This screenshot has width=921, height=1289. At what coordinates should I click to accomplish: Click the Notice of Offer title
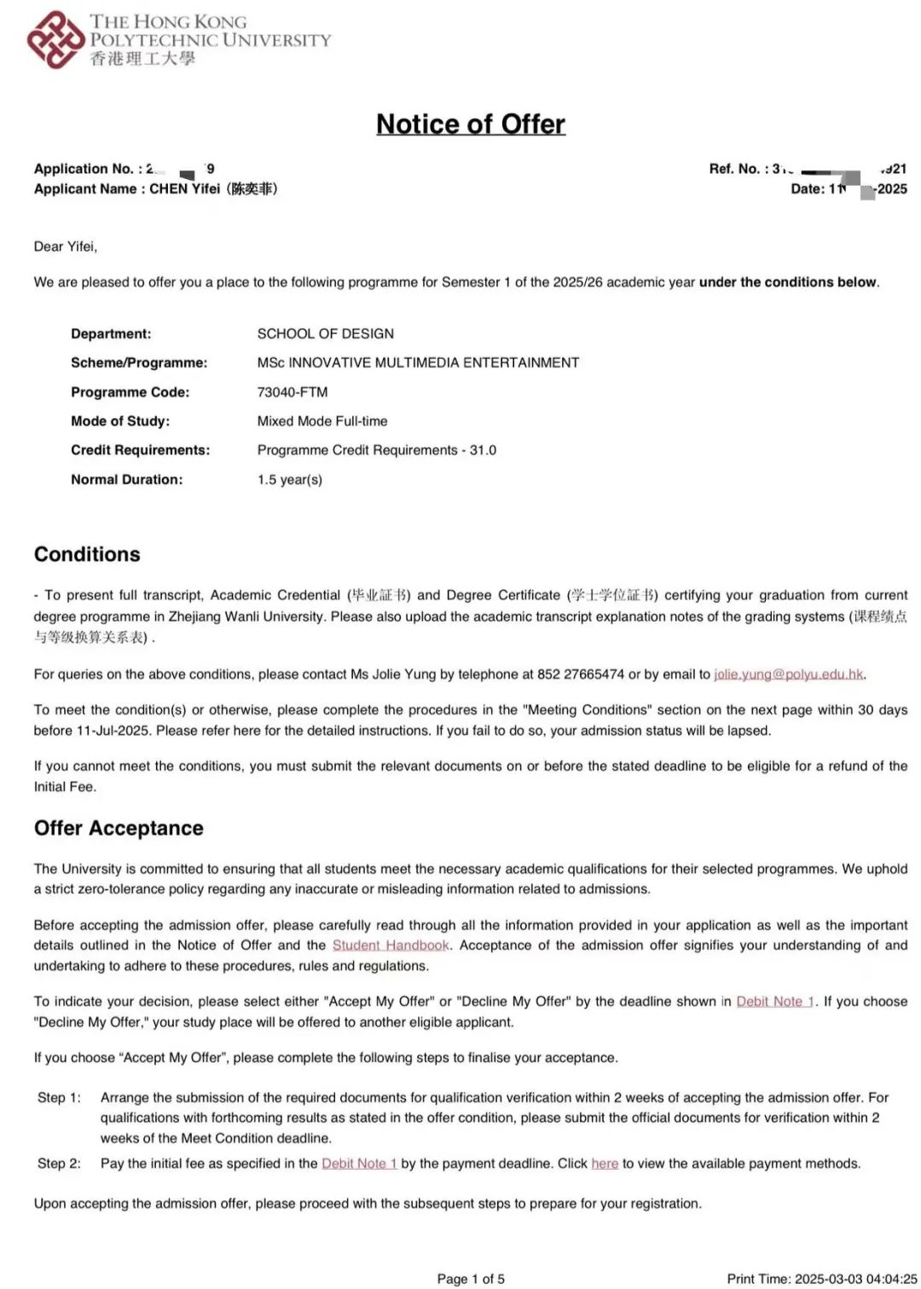[x=471, y=124]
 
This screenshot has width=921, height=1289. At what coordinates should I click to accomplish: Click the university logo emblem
[x=55, y=39]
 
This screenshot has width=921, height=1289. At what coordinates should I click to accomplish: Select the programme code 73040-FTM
[x=293, y=392]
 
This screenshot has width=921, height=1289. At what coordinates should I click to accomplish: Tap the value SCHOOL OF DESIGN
[x=326, y=334]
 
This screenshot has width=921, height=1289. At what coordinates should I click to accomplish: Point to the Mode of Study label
[x=120, y=421]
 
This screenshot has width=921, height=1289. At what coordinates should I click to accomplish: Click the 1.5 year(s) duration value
[x=290, y=480]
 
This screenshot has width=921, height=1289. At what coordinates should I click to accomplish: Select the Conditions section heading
[x=87, y=554]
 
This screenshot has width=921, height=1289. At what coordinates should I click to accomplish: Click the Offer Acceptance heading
[x=119, y=829]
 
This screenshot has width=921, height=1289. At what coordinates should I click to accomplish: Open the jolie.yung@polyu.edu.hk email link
[x=789, y=674]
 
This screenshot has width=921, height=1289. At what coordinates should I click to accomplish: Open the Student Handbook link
[x=391, y=945]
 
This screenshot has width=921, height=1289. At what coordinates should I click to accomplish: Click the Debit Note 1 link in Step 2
[x=359, y=1164]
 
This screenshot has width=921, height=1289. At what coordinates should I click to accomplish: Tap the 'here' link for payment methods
[x=605, y=1164]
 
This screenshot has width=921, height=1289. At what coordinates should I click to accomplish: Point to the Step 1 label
[x=59, y=1098]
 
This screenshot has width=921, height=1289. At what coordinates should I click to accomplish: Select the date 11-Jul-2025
[x=114, y=731]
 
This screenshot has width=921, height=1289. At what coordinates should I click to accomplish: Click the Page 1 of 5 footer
[x=471, y=1279]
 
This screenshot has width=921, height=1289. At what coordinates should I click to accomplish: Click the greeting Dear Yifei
[x=66, y=247]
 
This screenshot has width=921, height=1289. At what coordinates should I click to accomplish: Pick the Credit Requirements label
[x=140, y=450]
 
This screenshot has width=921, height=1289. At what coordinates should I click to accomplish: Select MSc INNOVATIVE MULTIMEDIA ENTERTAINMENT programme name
[x=418, y=363]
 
